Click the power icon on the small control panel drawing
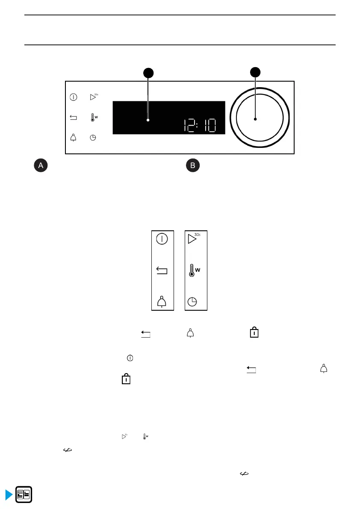(x=74, y=97)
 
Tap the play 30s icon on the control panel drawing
(x=93, y=97)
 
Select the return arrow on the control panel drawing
(x=74, y=118)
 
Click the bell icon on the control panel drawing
(x=74, y=138)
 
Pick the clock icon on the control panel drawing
(x=93, y=138)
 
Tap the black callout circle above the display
(x=148, y=73)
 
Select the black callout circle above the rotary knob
(x=255, y=73)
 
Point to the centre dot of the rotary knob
(x=255, y=119)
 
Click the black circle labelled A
(x=41, y=166)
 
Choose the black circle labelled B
(x=193, y=166)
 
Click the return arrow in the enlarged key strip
(x=162, y=271)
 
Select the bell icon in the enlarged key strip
(x=162, y=302)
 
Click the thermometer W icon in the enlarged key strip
(x=194, y=270)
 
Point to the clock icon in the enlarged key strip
(x=193, y=302)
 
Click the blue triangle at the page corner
(x=8, y=495)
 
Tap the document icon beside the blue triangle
(x=24, y=496)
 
